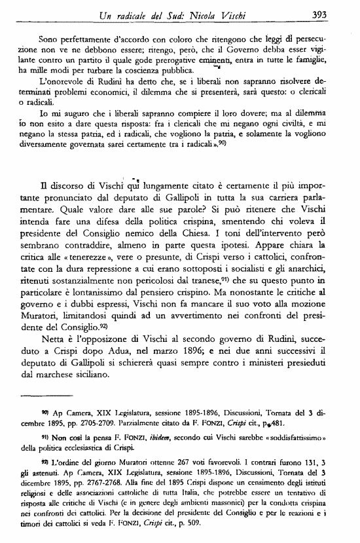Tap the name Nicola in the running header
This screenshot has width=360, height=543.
(224, 14)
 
